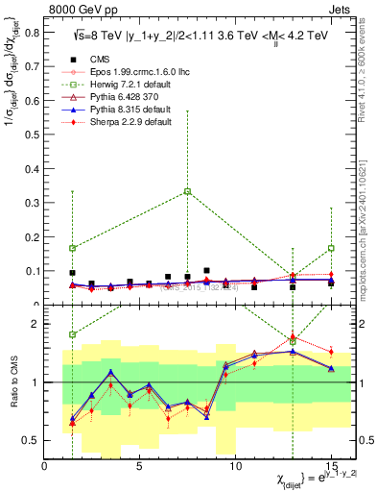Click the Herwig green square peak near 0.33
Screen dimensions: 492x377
188,191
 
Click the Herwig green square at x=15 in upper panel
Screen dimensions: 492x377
331,248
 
